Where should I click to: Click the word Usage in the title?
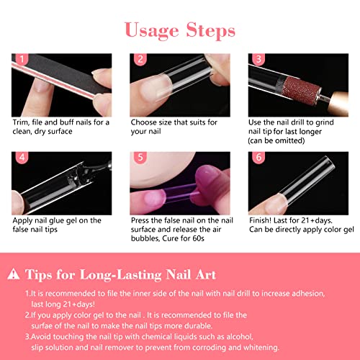151,30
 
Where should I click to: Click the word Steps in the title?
208,31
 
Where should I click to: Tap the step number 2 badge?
140,60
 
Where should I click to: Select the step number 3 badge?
258,60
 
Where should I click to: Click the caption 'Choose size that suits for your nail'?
173,127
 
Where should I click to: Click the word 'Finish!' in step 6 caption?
264,220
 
